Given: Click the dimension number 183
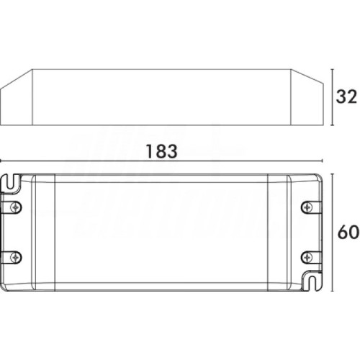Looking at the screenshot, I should pos(160,152).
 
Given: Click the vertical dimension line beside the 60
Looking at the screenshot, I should pos(331,232).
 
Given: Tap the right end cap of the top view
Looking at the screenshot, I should pos(281,232).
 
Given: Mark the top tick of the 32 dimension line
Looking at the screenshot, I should pos(331,70).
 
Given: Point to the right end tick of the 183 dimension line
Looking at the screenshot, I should pos(323,163).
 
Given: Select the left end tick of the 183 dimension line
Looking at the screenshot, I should pos(2,163).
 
